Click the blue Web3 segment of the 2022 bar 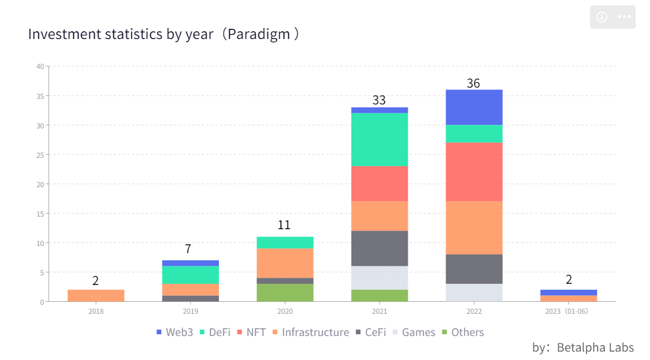[x=474, y=107]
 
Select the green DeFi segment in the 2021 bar [x=379, y=139]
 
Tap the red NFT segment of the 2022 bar [x=474, y=172]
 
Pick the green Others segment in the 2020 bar [x=285, y=293]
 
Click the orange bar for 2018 [x=96, y=296]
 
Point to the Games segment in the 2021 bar [x=379, y=278]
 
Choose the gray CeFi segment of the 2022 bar [x=474, y=269]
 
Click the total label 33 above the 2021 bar [x=379, y=100]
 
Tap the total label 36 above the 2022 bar [x=474, y=83]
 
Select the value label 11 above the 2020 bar [x=284, y=225]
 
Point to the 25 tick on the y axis [x=40, y=155]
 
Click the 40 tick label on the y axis [x=40, y=67]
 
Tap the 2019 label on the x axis [x=190, y=311]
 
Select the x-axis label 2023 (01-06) [x=568, y=311]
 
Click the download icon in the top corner [x=602, y=17]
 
